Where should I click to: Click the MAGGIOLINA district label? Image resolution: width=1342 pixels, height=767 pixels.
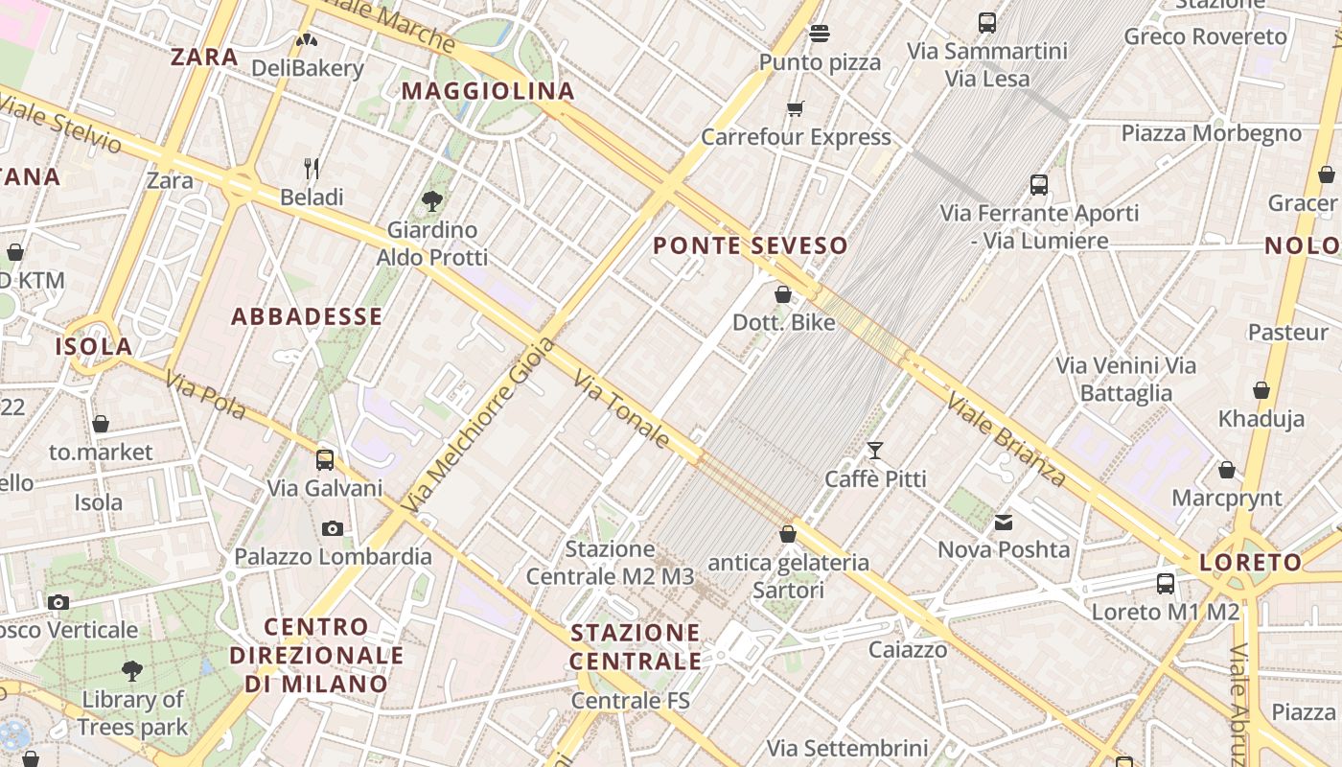point(488,91)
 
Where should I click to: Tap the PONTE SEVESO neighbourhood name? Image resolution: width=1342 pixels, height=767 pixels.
point(751,245)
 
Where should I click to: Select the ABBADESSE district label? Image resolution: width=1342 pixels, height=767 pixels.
point(307,316)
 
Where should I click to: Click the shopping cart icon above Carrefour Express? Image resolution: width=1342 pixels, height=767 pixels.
point(795,108)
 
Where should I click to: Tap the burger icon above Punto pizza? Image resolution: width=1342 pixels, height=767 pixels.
point(819,34)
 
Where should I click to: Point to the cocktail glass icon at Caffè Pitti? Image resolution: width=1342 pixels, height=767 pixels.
point(874,450)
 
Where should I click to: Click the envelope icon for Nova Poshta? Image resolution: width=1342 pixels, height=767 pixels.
point(1003,523)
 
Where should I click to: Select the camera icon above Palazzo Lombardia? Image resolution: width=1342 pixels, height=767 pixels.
point(333,528)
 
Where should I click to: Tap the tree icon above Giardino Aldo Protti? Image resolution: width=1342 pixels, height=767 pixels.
point(431,201)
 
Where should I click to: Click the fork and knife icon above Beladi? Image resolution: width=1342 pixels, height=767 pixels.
point(312,169)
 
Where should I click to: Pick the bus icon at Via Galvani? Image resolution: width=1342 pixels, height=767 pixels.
point(325,459)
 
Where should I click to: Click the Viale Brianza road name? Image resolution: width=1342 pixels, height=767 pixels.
point(1006,438)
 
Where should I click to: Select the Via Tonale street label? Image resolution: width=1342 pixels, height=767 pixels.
point(622,409)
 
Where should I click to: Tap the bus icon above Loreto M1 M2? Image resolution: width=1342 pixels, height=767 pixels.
point(1166,583)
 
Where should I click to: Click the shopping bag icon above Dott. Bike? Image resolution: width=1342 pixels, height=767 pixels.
point(783,294)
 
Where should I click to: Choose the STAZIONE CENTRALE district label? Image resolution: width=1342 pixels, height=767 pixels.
point(636,647)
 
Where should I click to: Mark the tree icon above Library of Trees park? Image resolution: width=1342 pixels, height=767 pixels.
point(132,671)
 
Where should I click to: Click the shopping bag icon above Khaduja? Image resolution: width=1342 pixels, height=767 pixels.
point(1261,390)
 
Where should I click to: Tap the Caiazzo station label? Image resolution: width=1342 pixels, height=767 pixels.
point(908,650)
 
